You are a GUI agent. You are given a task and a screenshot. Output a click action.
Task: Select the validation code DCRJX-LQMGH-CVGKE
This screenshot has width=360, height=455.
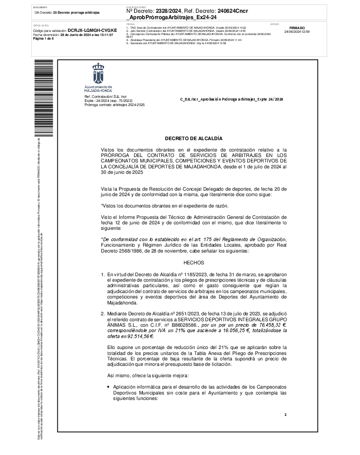tap(92, 30)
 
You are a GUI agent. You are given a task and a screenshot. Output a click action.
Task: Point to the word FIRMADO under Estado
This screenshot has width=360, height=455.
tap(297, 28)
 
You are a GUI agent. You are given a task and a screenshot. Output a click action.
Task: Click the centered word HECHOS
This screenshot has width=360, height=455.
tap(194, 263)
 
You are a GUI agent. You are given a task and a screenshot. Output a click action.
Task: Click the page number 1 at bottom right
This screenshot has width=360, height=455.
tap(285, 415)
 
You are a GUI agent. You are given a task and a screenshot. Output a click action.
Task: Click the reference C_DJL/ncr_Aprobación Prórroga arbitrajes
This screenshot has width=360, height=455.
tap(231, 99)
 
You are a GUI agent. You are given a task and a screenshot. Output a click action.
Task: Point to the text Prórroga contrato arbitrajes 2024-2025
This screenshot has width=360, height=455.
tap(115, 105)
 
